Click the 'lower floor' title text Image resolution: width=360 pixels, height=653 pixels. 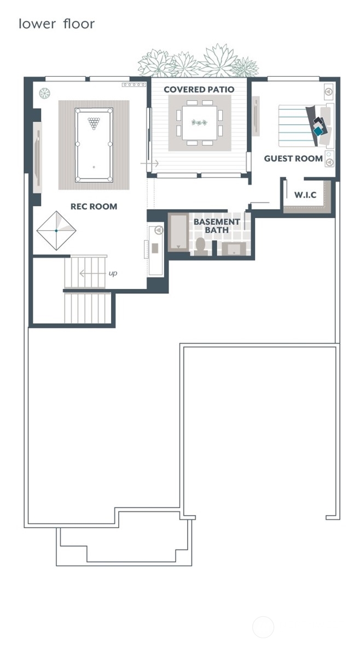(56, 24)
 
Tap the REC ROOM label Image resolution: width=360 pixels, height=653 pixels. (94, 206)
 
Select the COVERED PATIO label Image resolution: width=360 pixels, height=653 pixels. (199, 89)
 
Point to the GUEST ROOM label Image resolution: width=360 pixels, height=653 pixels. (293, 159)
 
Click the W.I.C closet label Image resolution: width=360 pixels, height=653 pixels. (305, 194)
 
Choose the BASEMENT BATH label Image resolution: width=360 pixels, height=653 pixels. (217, 226)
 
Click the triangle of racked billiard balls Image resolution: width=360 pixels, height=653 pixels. (94, 123)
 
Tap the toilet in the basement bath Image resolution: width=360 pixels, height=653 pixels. (201, 248)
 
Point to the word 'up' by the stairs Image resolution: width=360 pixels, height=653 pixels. (112, 273)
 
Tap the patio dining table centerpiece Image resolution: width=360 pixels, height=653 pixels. (200, 122)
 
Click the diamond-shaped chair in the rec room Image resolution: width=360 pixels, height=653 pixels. (56, 230)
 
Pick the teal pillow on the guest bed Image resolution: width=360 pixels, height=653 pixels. (318, 130)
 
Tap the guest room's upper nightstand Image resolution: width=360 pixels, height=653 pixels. (328, 91)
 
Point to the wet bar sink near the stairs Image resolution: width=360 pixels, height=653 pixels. (155, 249)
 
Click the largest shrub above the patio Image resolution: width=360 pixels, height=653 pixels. (218, 61)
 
